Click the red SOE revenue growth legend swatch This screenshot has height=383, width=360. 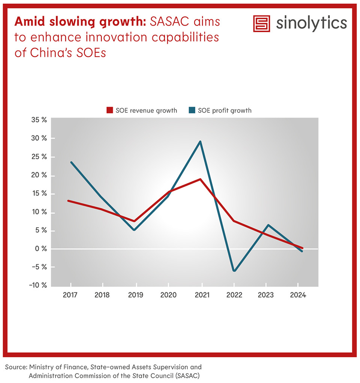point(109,110)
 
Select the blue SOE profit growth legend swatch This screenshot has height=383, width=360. point(192,110)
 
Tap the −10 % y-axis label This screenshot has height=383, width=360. point(39,285)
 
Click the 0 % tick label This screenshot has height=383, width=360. point(41,249)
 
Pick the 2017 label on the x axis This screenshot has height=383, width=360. point(70,295)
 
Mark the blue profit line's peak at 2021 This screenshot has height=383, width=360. point(201,142)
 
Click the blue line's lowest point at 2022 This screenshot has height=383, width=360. point(233,271)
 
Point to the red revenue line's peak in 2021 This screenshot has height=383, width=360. point(201,179)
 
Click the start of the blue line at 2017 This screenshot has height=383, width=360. point(71,162)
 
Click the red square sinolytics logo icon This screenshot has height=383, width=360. point(261,24)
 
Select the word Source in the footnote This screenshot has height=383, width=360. point(15,367)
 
